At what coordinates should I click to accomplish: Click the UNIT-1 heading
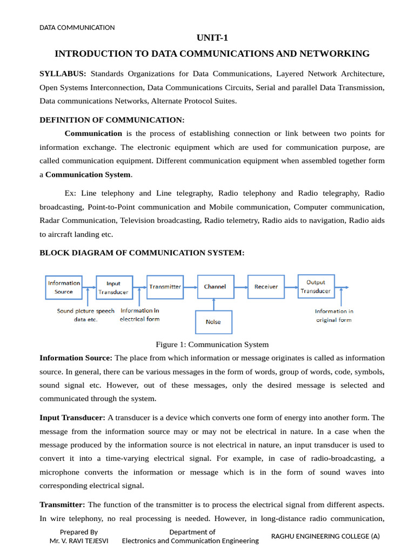point(212,37)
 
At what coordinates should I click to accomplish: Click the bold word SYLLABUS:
point(63,74)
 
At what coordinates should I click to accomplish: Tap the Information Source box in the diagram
point(64,287)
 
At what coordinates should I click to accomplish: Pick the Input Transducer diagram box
point(113,287)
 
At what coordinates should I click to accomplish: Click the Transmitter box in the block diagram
point(165,287)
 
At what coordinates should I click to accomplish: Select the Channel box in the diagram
point(215,287)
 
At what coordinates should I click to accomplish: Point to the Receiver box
point(266,287)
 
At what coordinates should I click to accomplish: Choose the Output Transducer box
point(316,286)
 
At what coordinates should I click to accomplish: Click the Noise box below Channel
point(213,322)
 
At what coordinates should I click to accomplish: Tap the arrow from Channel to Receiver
point(240,287)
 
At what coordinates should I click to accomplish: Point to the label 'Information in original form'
point(334,315)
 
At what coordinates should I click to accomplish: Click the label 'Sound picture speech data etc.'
point(86,315)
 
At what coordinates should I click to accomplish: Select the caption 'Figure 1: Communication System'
point(212,345)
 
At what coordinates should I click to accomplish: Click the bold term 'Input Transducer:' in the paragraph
point(72,418)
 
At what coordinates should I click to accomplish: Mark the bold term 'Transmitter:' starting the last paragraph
point(62,505)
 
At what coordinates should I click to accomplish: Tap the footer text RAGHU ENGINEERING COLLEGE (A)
point(325,536)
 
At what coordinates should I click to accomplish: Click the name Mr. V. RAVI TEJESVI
point(79,540)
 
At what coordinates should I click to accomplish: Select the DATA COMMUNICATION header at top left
point(77,28)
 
